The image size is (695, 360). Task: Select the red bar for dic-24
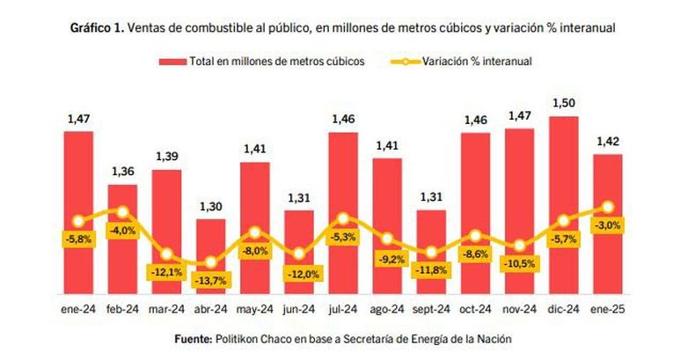(x=563, y=205)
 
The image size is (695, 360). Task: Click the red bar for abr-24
(x=210, y=256)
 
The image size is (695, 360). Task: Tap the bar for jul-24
(x=343, y=213)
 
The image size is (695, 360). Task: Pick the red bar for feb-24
(x=122, y=239)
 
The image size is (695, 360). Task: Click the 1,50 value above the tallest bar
(x=563, y=103)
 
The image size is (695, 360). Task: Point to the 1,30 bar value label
(x=210, y=207)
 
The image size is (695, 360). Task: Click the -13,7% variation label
(x=211, y=280)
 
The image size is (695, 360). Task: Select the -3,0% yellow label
(x=608, y=225)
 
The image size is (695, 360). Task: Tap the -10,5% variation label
(x=520, y=264)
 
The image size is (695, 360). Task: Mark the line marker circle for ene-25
(x=608, y=207)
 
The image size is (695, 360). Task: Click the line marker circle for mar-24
(x=166, y=254)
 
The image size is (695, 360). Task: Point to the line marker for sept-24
(x=431, y=253)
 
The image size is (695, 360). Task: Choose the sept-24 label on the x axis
(x=431, y=309)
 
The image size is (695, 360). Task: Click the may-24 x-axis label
(x=255, y=310)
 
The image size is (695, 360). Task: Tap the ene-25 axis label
(x=608, y=309)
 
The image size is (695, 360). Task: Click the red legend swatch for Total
(x=172, y=62)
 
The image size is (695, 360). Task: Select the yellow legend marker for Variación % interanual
(x=405, y=62)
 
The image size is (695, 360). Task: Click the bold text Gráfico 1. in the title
(x=97, y=28)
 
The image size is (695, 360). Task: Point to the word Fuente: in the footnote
(x=194, y=339)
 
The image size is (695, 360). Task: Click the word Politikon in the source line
(x=236, y=339)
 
